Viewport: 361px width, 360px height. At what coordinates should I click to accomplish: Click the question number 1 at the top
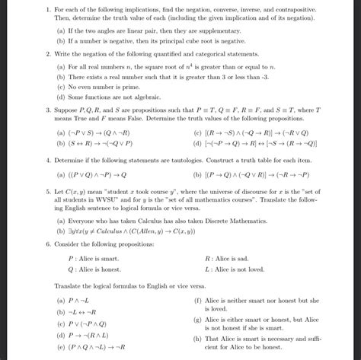point(47,8)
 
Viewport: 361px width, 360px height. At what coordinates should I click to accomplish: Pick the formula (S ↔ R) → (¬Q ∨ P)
point(101,142)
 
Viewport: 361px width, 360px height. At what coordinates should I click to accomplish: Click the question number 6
point(47,246)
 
